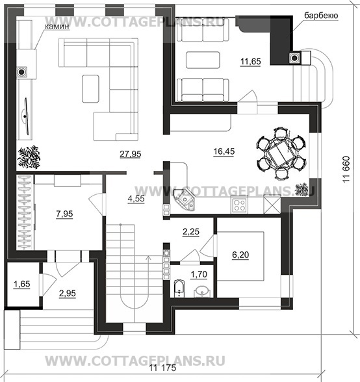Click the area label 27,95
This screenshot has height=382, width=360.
point(131,153)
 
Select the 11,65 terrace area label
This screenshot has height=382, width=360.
point(251,62)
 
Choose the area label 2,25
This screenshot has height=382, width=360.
point(192,231)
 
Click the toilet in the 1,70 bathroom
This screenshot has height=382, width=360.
point(179,288)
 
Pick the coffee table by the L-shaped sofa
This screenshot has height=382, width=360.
point(92,88)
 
